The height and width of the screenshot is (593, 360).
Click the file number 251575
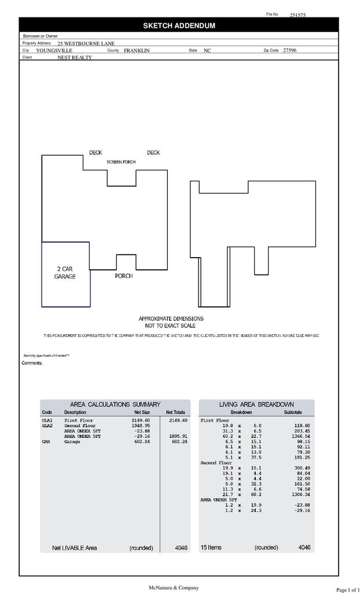coord(297,16)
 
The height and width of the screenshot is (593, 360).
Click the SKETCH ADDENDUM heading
coord(179,25)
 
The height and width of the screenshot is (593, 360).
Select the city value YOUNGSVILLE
coord(54,51)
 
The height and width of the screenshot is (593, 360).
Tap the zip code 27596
coord(289,50)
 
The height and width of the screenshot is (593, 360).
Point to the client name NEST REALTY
coord(74,58)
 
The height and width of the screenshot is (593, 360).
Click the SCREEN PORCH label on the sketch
coord(121,162)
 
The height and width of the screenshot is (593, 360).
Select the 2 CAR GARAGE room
coord(65,273)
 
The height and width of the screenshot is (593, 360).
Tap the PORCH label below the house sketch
coord(123,276)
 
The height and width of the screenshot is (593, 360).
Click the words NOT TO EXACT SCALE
coord(170,325)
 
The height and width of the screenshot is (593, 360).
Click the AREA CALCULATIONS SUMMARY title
coord(115,404)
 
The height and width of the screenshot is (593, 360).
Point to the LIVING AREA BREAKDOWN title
coord(256,404)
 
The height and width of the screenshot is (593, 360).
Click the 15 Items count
coord(211,547)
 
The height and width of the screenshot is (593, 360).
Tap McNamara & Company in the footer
coord(174,587)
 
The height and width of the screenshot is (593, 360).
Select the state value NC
coord(207,51)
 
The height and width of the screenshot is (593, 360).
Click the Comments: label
coord(32,363)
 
